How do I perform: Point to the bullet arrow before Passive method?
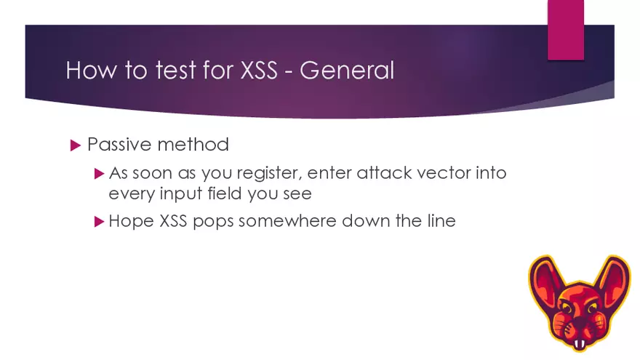click(x=74, y=145)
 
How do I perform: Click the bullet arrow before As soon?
click(x=100, y=175)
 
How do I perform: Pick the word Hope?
click(x=129, y=221)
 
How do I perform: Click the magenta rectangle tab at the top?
click(x=566, y=29)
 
